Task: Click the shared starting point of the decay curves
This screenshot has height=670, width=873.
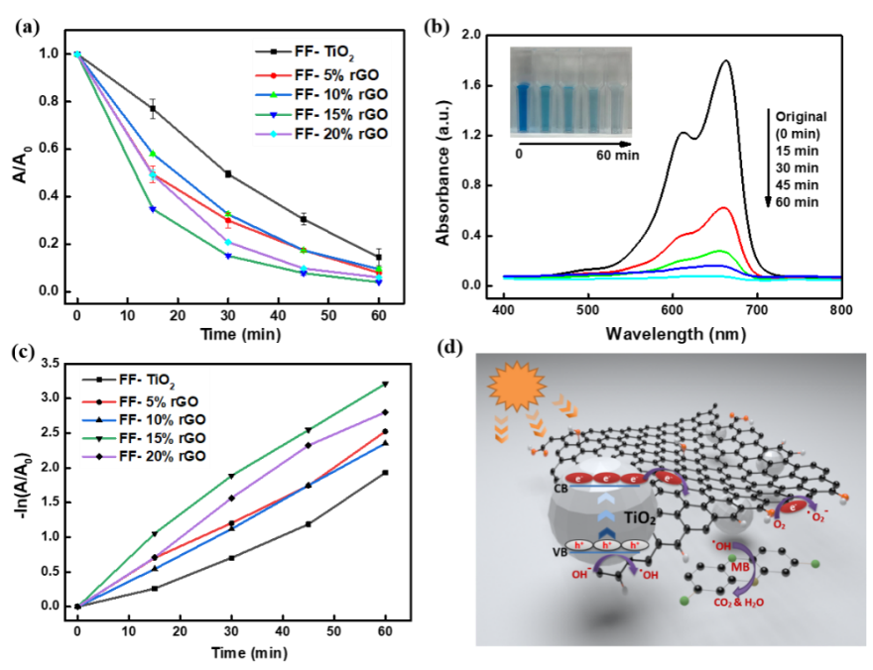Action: pyautogui.click(x=76, y=55)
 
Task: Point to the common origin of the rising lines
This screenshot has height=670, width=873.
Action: pyautogui.click(x=81, y=604)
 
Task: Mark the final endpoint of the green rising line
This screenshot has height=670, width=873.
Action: pyautogui.click(x=382, y=386)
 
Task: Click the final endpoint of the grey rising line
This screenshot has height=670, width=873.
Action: pyautogui.click(x=382, y=476)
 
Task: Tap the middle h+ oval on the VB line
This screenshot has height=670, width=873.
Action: pyautogui.click(x=605, y=544)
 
